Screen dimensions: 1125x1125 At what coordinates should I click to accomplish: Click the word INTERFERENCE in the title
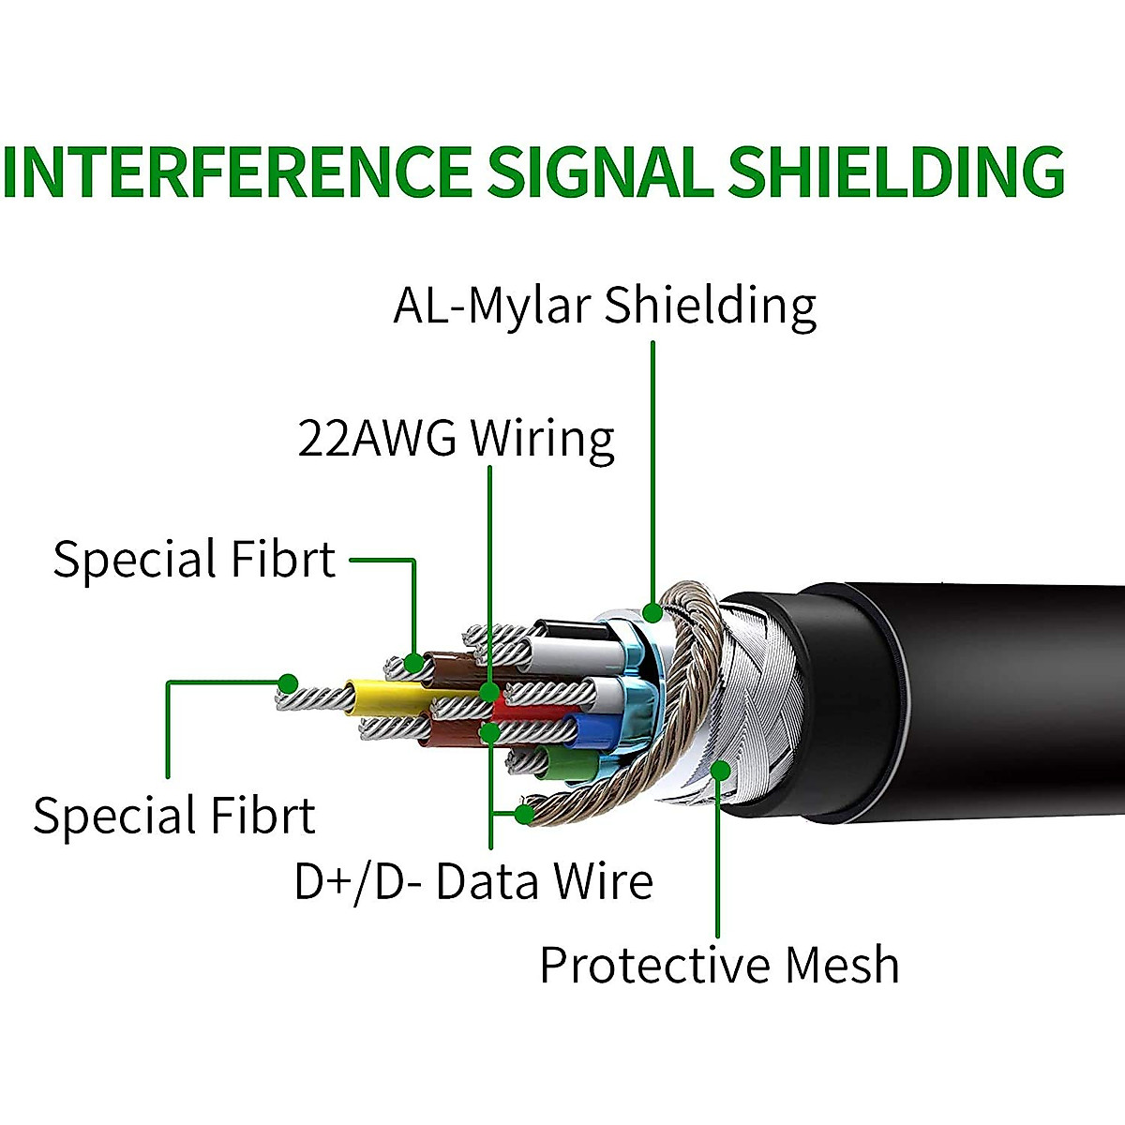(x=236, y=172)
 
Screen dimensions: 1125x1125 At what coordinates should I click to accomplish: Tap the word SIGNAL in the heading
(x=600, y=172)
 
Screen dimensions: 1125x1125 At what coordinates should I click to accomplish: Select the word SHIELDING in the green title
(x=897, y=172)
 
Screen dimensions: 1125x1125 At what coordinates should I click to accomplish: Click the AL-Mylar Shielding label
(x=605, y=306)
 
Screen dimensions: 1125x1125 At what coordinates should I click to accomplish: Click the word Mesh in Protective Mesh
(x=841, y=966)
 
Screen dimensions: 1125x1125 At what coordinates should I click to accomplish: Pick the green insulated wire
(x=567, y=762)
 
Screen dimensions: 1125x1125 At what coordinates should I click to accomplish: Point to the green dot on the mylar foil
(x=652, y=613)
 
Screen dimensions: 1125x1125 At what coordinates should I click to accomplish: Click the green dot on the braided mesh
(x=721, y=770)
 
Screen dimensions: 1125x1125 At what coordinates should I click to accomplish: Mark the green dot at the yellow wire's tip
(x=288, y=683)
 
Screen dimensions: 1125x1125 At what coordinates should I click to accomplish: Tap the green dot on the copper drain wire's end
(x=524, y=814)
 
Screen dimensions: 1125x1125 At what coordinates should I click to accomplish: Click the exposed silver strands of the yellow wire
(x=314, y=698)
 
